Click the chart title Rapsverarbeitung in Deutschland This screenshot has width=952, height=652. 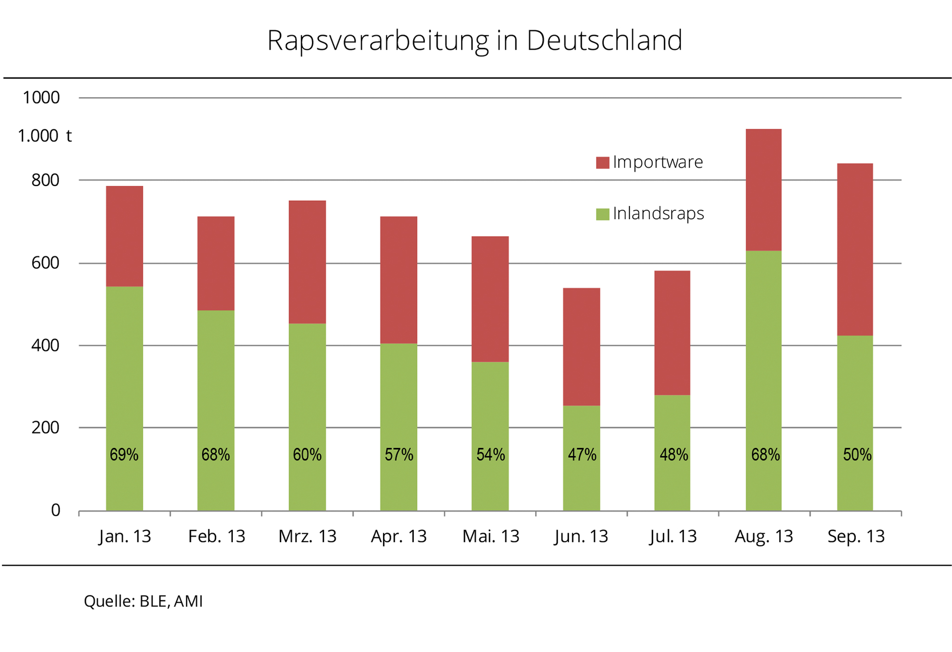pyautogui.click(x=475, y=40)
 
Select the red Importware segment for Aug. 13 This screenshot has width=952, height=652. pyautogui.click(x=763, y=190)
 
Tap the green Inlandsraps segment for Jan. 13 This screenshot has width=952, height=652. pyautogui.click(x=124, y=372)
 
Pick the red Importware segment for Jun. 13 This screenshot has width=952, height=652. pyautogui.click(x=581, y=347)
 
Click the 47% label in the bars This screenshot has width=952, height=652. pyautogui.click(x=582, y=454)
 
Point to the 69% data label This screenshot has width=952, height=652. pyautogui.click(x=124, y=454)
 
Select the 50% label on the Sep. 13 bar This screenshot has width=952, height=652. pyautogui.click(x=857, y=454)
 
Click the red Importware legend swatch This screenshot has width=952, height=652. pyautogui.click(x=602, y=163)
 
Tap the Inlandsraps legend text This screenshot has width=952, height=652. pyautogui.click(x=658, y=214)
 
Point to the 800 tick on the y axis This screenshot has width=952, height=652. pyautogui.click(x=45, y=180)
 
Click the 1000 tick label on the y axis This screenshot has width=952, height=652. pyautogui.click(x=41, y=98)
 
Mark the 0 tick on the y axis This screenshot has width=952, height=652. pyautogui.click(x=55, y=510)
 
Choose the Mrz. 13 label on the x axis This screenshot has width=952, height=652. pyautogui.click(x=307, y=536)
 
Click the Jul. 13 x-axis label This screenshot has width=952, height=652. pyautogui.click(x=673, y=536)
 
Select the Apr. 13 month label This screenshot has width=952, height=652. pyautogui.click(x=398, y=536)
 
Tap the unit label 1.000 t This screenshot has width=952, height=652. pyautogui.click(x=45, y=136)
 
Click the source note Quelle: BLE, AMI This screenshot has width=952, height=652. pyautogui.click(x=143, y=601)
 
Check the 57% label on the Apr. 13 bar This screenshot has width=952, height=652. pyautogui.click(x=399, y=454)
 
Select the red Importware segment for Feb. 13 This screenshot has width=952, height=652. pyautogui.click(x=216, y=263)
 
